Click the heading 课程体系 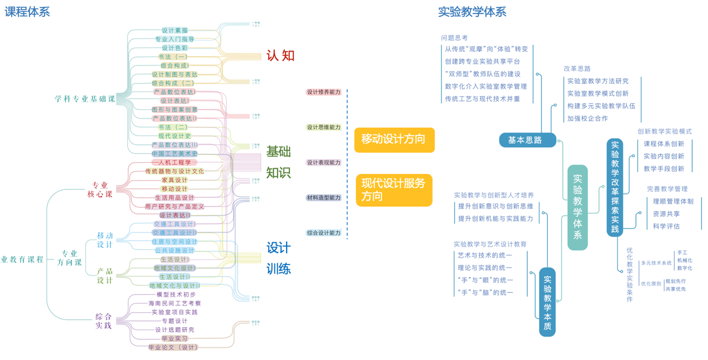(27, 11)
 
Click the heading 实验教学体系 (472, 11)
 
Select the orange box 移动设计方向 (394, 139)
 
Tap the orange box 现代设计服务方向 (394, 190)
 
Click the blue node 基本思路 (528, 140)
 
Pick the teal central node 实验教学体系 (577, 207)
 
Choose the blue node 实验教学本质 (547, 302)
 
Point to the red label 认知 (280, 55)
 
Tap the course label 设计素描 (174, 30)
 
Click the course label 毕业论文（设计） (173, 347)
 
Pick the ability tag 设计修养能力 (324, 92)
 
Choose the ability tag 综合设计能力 (324, 233)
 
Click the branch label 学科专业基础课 (85, 99)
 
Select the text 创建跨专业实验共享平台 (482, 61)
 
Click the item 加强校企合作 (587, 119)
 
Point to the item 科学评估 (666, 226)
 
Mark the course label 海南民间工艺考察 (174, 304)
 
